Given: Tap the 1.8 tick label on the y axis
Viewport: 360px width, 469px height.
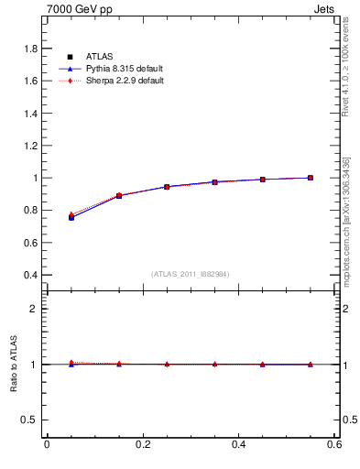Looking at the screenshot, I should click(29, 49).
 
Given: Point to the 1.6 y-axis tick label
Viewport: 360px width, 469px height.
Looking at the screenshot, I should click(29, 81).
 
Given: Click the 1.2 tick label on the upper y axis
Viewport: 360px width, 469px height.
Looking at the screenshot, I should click(29, 146).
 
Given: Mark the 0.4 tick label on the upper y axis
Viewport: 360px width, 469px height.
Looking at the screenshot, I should click(29, 275).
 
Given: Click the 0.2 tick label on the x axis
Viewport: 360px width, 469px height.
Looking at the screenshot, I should click(142, 444).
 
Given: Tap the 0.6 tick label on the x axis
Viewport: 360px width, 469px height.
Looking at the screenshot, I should click(333, 444).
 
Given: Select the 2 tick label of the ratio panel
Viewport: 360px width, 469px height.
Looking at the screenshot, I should click(34, 309).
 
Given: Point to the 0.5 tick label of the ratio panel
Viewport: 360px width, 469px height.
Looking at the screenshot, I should click(29, 420).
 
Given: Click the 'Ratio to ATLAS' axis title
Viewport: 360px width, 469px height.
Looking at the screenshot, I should click(14, 364).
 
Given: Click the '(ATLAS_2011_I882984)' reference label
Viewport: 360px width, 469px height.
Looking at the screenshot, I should click(191, 274).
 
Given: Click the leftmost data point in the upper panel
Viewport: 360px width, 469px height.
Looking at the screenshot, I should click(71, 217).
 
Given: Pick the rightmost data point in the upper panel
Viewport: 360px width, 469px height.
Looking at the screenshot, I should click(311, 178).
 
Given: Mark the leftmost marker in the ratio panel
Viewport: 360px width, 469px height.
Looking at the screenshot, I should click(71, 364).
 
